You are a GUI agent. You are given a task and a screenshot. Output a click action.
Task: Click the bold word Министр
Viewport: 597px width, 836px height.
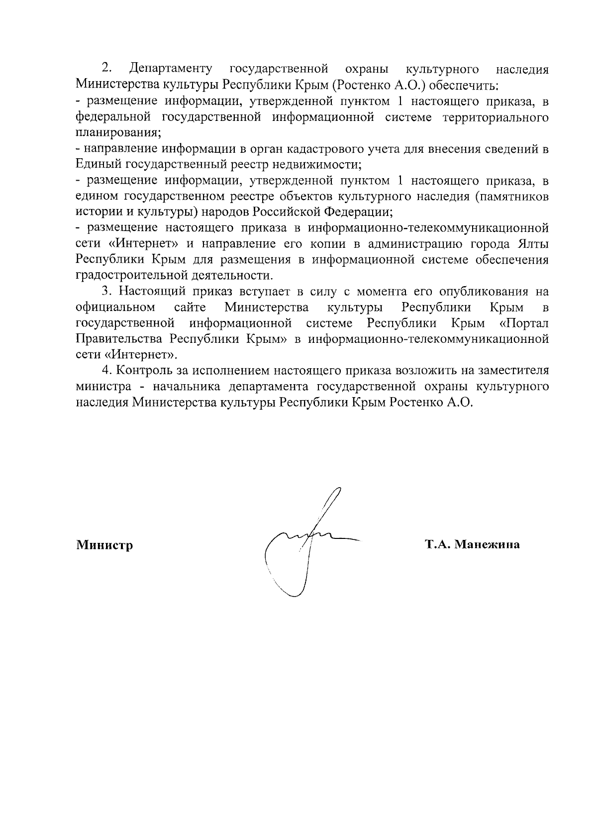click(104, 545)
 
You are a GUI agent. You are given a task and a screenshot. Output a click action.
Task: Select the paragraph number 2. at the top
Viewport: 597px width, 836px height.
click(106, 68)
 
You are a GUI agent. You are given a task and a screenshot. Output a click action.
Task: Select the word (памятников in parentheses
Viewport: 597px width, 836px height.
click(512, 196)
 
